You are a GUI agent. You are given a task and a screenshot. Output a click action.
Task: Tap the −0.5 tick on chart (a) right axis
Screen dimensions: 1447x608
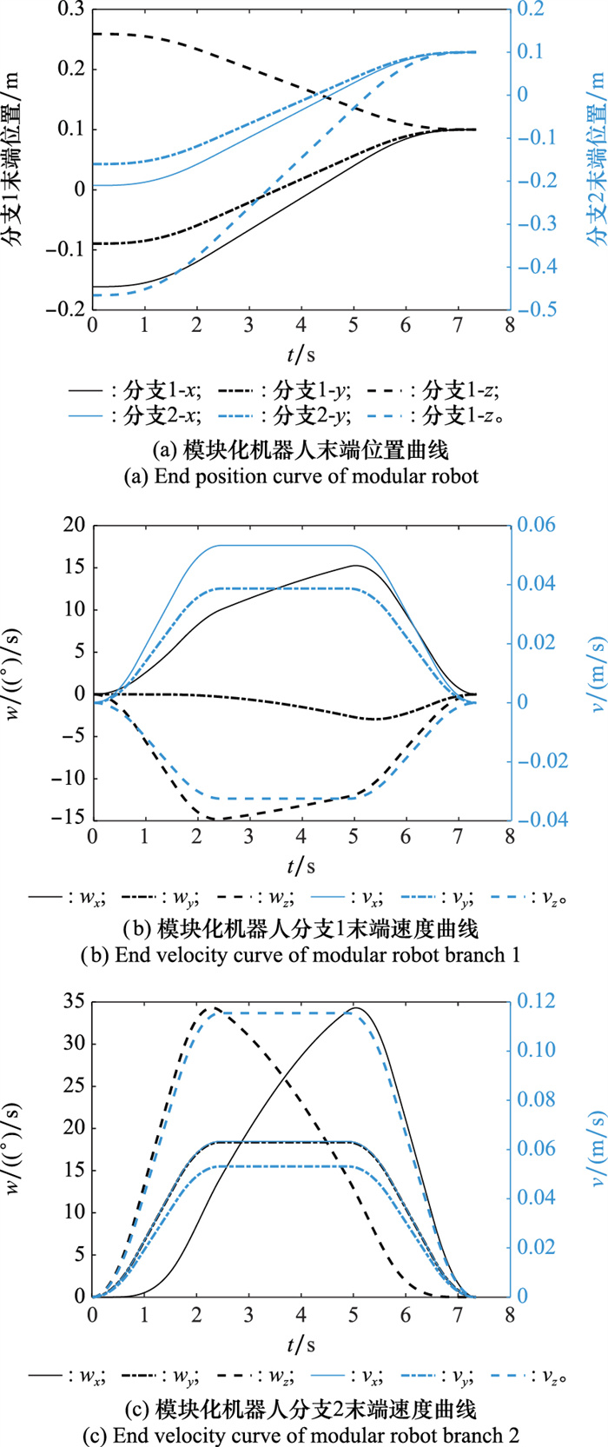(538, 309)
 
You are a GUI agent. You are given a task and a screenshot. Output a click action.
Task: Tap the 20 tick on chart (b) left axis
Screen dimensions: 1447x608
(73, 525)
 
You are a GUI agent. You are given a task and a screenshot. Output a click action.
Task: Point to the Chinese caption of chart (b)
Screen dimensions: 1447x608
(304, 930)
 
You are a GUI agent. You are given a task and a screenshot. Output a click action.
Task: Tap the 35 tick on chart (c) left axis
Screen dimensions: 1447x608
(73, 1001)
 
